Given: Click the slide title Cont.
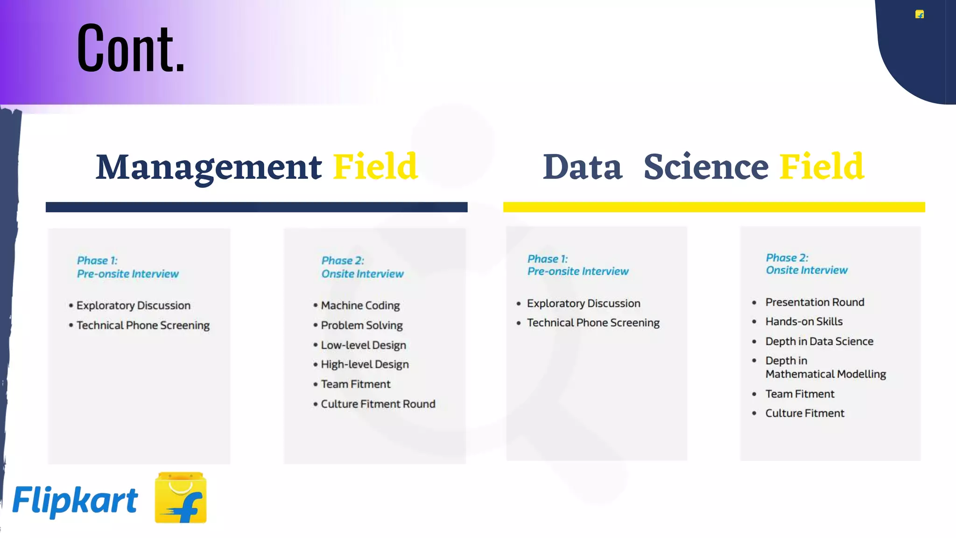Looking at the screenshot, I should tap(131, 48).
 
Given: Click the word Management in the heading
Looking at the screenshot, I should tap(209, 167).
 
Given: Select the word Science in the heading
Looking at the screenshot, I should tap(706, 167).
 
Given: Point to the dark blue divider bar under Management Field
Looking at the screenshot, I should tap(256, 207).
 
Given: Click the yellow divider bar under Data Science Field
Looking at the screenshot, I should tap(714, 207).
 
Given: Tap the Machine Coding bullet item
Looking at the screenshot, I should tap(360, 305).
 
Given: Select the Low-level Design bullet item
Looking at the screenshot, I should tap(363, 345).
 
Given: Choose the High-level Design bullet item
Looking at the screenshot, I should tap(365, 364).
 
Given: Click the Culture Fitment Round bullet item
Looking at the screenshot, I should tap(378, 404).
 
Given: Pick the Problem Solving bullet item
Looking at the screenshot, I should tap(361, 326).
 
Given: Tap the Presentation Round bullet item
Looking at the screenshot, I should tap(815, 302).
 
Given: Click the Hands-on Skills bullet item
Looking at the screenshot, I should tap(804, 322).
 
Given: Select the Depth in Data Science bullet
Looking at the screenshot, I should tap(819, 341).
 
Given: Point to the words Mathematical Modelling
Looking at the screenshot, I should tap(825, 374).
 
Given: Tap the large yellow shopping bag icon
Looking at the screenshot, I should tap(181, 498).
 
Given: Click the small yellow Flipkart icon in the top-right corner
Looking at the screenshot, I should tap(920, 14).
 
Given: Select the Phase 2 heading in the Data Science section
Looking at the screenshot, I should tap(806, 264).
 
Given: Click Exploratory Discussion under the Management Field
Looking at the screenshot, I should tap(133, 305).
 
